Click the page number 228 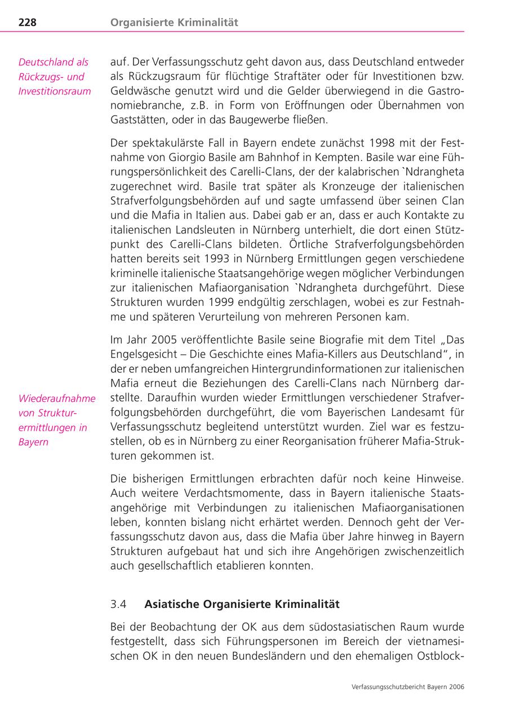click(28, 23)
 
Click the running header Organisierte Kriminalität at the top click(174, 23)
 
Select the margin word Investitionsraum click(55, 91)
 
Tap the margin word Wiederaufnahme click(57, 399)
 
